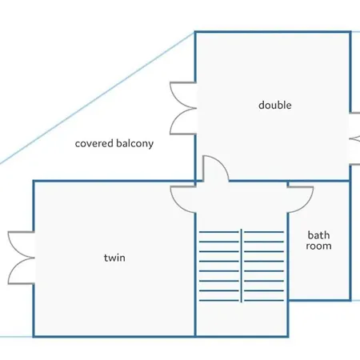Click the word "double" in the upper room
(275, 105)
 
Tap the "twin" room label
(114, 258)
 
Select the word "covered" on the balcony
(94, 143)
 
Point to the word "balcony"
(135, 143)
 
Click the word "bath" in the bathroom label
(318, 235)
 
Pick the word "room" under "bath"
(318, 246)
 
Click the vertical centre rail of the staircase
(242, 266)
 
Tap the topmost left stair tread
(219, 232)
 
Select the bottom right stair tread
(264, 301)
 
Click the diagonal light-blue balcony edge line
(98, 98)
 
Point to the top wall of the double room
(273, 32)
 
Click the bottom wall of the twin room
(114, 337)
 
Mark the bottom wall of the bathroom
(319, 300)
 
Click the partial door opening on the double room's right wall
(354, 138)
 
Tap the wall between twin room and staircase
(195, 274)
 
